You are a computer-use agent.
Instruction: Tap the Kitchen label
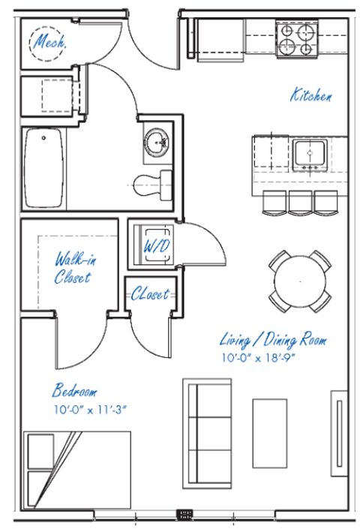point(311,95)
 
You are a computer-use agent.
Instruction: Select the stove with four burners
point(298,39)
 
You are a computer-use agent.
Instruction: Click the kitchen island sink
point(308,154)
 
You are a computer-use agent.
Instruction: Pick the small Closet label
point(150,294)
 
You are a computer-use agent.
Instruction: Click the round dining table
point(300,281)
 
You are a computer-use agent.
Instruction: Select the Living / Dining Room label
point(273,340)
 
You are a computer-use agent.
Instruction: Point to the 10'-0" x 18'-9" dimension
point(259,358)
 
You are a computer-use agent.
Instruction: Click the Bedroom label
point(74,391)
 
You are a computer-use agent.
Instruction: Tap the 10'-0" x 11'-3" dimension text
point(87,410)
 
